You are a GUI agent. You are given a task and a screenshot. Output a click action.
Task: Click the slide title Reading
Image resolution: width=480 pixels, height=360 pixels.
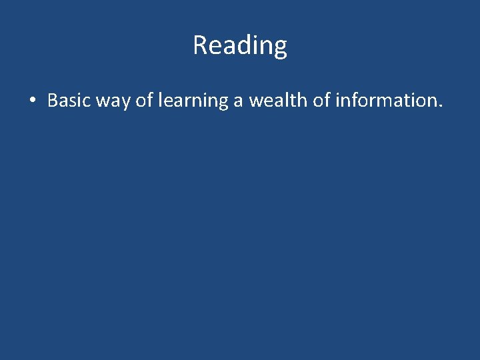pos(240,45)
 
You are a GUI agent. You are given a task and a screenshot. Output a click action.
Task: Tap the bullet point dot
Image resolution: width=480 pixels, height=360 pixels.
pos(32,101)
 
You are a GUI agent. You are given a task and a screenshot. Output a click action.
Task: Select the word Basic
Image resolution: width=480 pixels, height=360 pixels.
pos(69,101)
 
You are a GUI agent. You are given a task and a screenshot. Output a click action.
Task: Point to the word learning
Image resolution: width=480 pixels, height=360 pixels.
pos(193,101)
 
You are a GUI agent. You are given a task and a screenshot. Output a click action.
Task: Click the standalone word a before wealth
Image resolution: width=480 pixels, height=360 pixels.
pos(238,102)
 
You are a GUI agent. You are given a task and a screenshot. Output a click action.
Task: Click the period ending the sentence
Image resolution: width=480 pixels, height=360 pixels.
pos(439,107)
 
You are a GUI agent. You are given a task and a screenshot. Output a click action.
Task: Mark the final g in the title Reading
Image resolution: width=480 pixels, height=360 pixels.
pos(281,48)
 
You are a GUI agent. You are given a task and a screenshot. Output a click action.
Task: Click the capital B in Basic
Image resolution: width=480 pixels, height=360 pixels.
pos(53,101)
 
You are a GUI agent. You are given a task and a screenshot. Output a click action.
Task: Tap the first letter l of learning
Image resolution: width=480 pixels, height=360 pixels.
pos(161,101)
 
